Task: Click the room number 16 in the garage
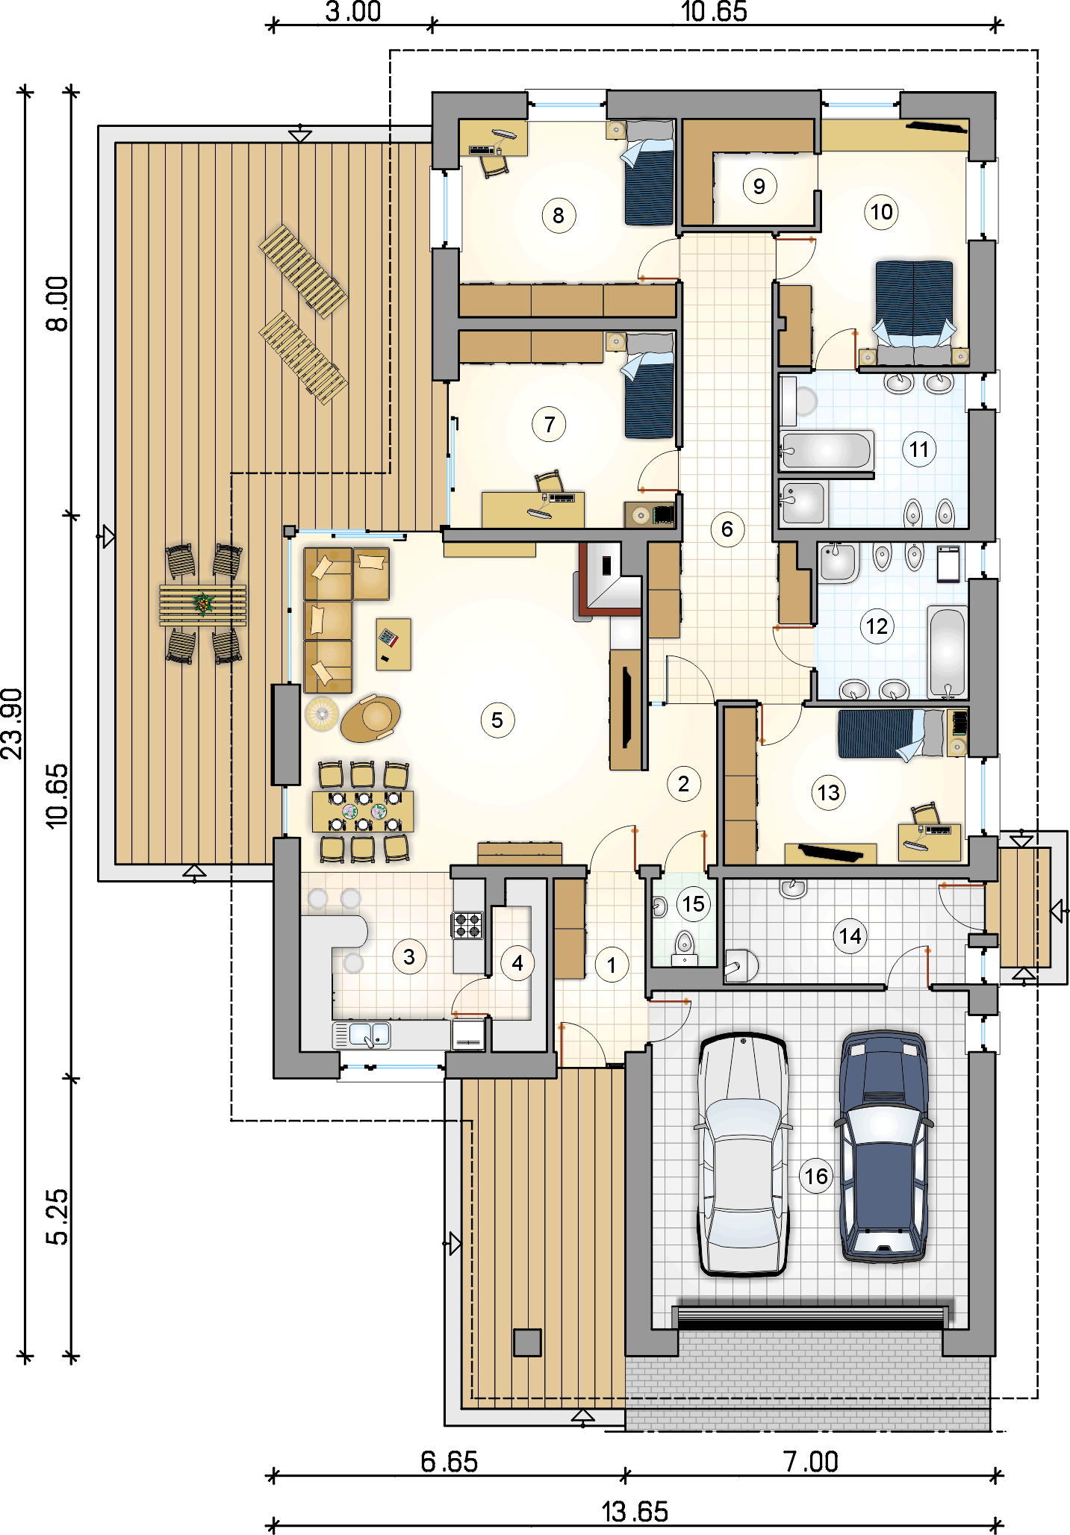[815, 1176]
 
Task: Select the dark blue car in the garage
[884, 1146]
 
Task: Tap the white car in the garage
[743, 1153]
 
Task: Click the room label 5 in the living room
[497, 720]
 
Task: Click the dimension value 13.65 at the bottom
[635, 1511]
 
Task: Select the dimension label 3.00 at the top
[353, 12]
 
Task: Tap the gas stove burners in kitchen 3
[468, 925]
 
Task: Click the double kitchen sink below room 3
[361, 1035]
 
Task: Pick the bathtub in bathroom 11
[826, 451]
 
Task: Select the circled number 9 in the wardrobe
[759, 186]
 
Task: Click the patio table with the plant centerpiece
[202, 603]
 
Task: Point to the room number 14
[850, 936]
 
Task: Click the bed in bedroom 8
[649, 172]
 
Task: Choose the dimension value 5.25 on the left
[57, 1216]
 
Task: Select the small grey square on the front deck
[527, 1342]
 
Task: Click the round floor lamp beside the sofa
[322, 713]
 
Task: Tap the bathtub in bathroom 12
[948, 653]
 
